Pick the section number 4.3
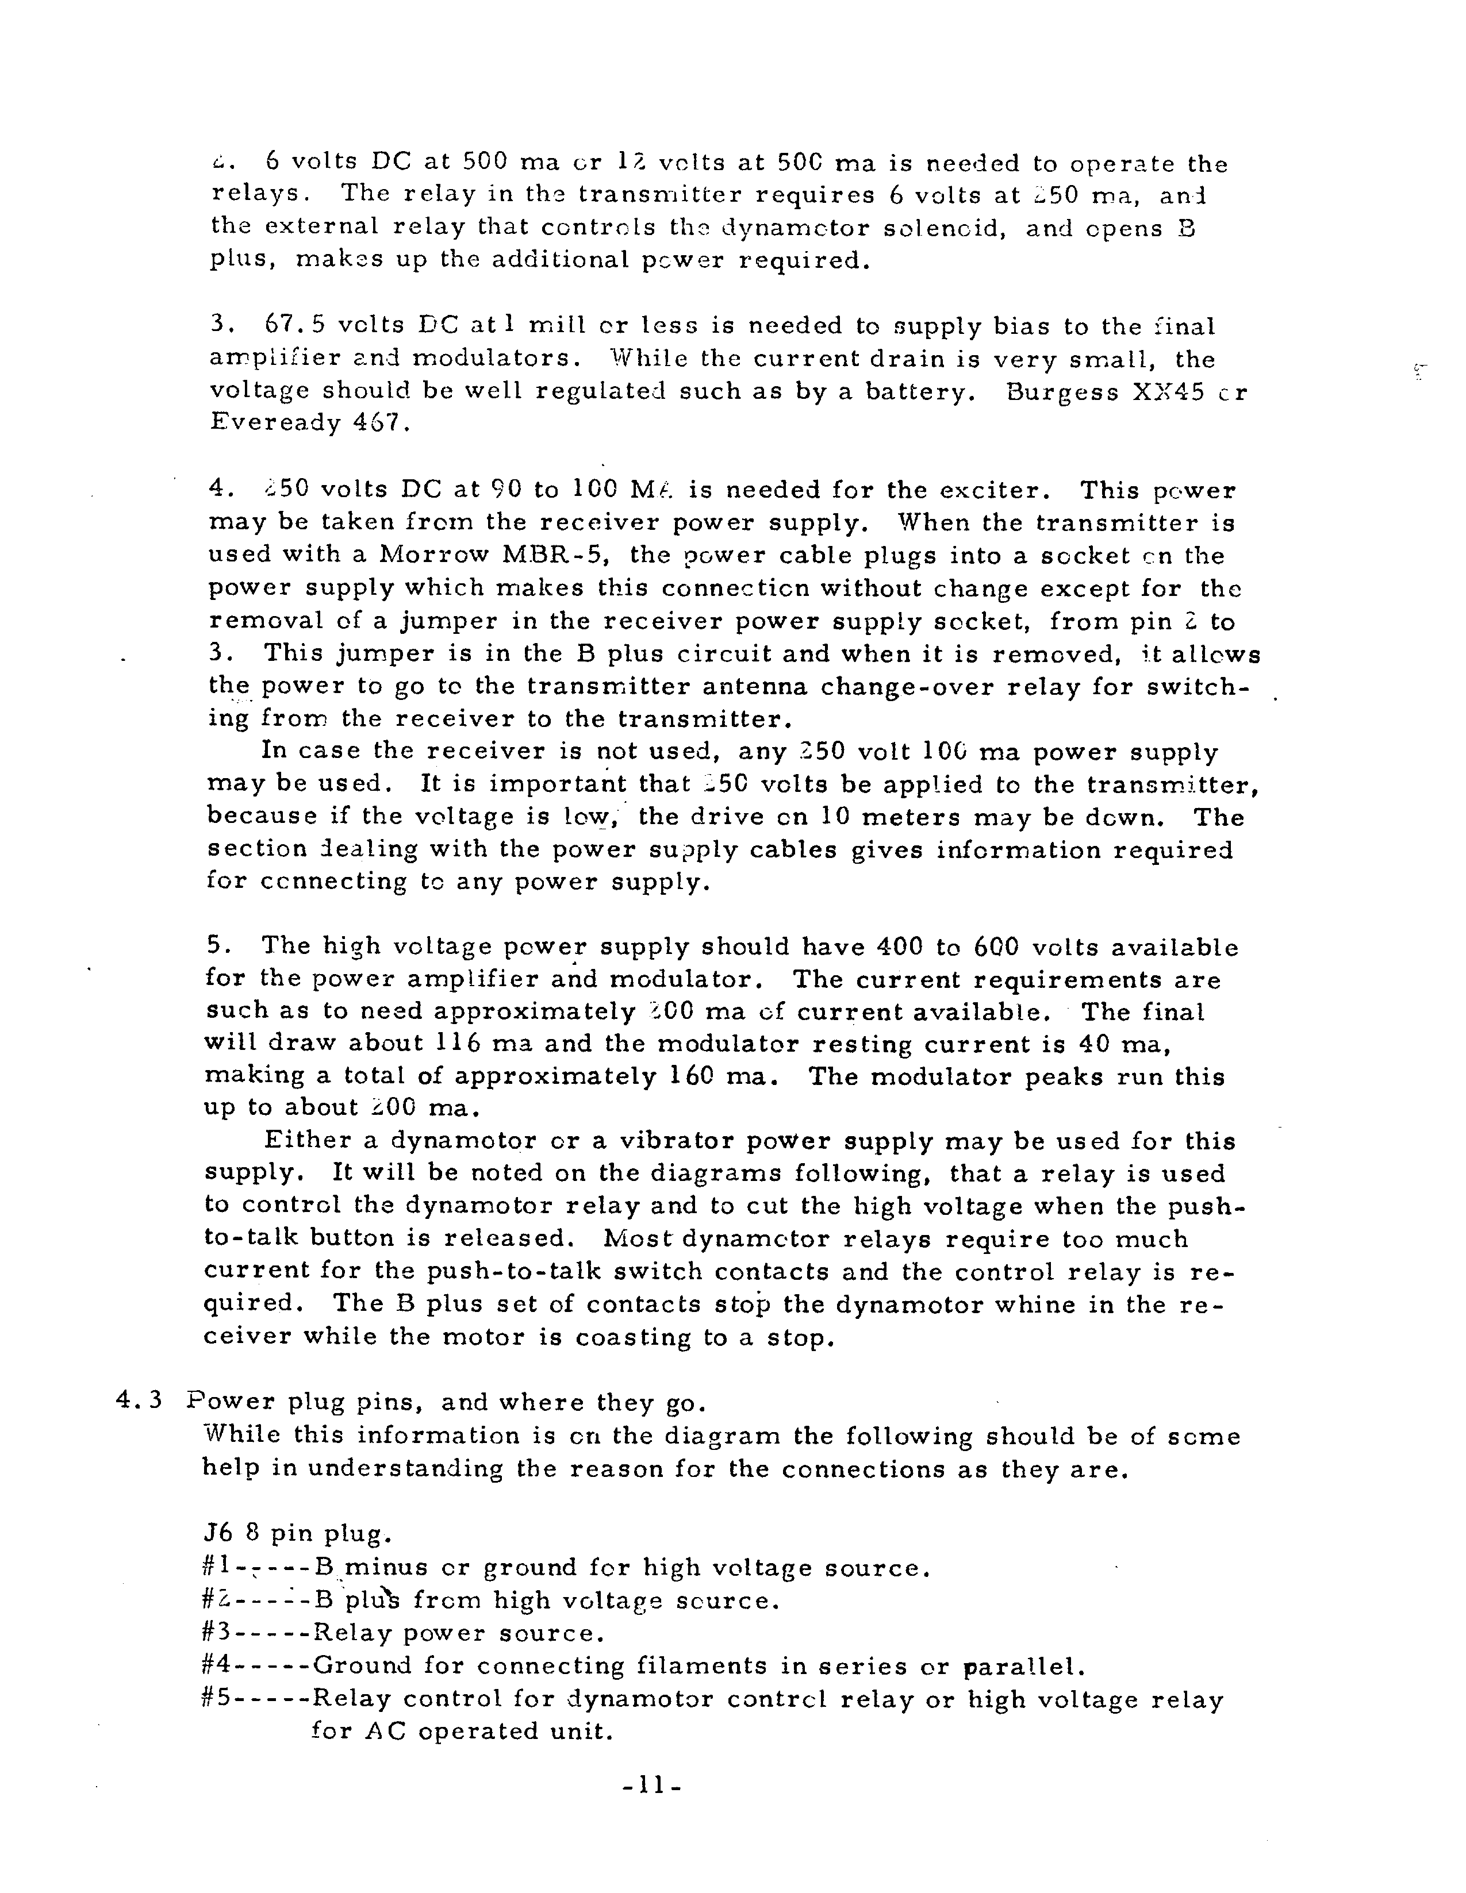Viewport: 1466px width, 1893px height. coord(139,1402)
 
